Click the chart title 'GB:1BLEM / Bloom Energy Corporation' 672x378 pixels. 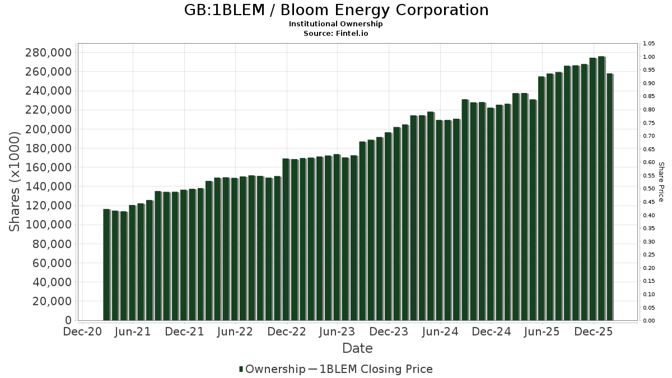click(336, 10)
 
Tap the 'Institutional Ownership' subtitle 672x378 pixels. click(336, 24)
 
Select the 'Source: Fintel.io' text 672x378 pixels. click(336, 33)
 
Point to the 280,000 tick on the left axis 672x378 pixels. click(49, 53)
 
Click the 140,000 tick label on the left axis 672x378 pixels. click(49, 186)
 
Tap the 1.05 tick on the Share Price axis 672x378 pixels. click(650, 44)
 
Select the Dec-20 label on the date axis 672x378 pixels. click(82, 332)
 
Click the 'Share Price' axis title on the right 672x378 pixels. click(661, 182)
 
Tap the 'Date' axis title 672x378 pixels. click(357, 348)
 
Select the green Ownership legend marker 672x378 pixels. click(241, 369)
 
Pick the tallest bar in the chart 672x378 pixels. click(601, 188)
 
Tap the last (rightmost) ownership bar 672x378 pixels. click(609, 197)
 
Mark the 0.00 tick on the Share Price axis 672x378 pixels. click(650, 321)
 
